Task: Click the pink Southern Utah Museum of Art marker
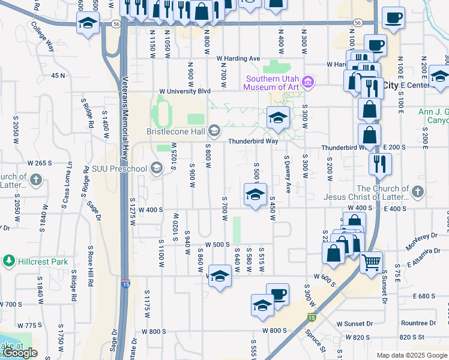[x=308, y=82]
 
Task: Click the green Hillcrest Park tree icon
[x=8, y=261]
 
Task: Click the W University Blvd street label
[x=184, y=91]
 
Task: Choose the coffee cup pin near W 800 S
[x=277, y=294]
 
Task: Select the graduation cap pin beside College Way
[x=88, y=23]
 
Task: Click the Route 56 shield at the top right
[x=358, y=22]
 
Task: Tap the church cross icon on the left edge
[x=36, y=179]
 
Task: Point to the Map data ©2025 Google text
[x=411, y=355]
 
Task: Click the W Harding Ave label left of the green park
[x=238, y=59]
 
